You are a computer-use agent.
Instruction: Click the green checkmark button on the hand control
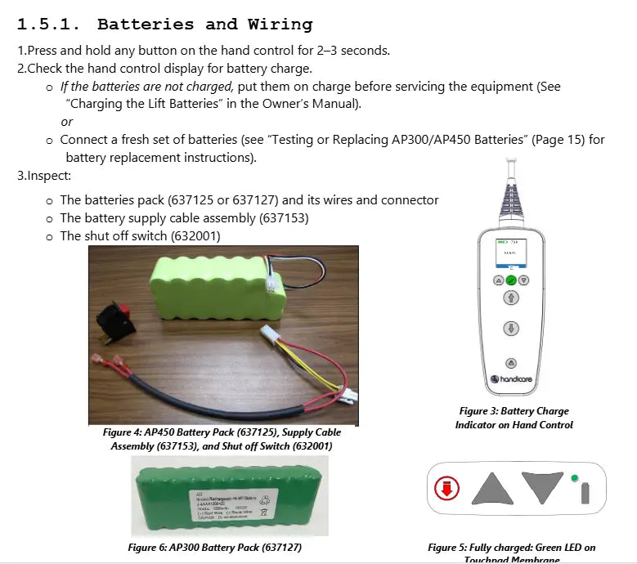tap(511, 280)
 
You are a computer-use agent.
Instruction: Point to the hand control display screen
tap(511, 253)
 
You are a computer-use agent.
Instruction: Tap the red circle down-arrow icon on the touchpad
tap(446, 490)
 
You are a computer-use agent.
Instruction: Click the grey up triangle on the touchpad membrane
tap(492, 489)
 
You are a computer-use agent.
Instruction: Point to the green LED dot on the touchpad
tap(575, 478)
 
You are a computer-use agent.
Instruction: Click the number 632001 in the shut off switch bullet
tap(195, 236)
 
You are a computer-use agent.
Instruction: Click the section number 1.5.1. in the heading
tap(52, 25)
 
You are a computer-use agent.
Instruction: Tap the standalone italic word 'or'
tap(67, 122)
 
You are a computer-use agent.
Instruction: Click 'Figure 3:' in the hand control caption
tap(478, 411)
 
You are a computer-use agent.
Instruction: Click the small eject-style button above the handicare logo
tap(511, 362)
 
